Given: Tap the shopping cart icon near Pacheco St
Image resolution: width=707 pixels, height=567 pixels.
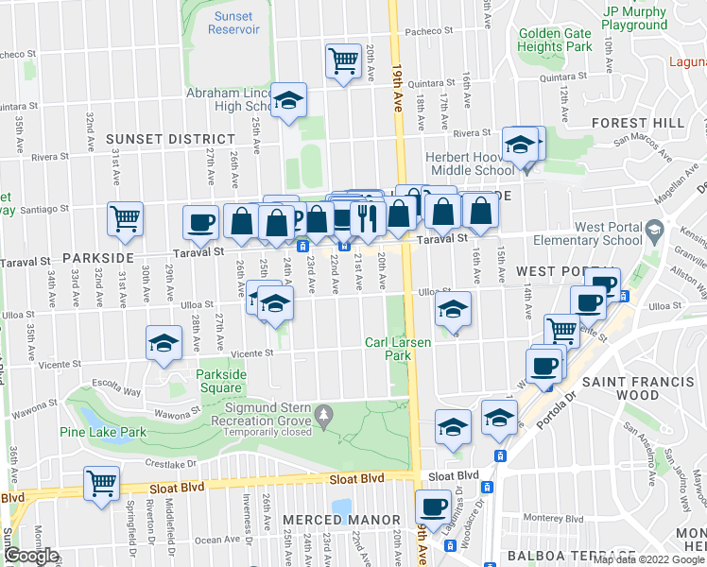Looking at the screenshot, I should pyautogui.click(x=343, y=61).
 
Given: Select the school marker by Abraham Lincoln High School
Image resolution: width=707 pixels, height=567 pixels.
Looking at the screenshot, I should pyautogui.click(x=288, y=100).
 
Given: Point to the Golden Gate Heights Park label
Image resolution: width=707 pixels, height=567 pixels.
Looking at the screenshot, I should pyautogui.click(x=555, y=40).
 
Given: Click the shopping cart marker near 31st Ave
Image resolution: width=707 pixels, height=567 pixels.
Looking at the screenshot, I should pyautogui.click(x=125, y=219).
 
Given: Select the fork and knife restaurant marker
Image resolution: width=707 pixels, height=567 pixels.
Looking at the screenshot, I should pyautogui.click(x=365, y=218).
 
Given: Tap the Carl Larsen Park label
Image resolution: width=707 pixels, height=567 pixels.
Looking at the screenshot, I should pyautogui.click(x=389, y=349).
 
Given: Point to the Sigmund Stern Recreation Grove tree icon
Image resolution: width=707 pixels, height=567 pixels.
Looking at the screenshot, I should pyautogui.click(x=324, y=413).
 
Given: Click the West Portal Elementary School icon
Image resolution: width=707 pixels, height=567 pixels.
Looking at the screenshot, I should pyautogui.click(x=653, y=230).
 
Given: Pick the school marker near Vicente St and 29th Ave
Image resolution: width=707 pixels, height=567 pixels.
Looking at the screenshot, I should pyautogui.click(x=164, y=344).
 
